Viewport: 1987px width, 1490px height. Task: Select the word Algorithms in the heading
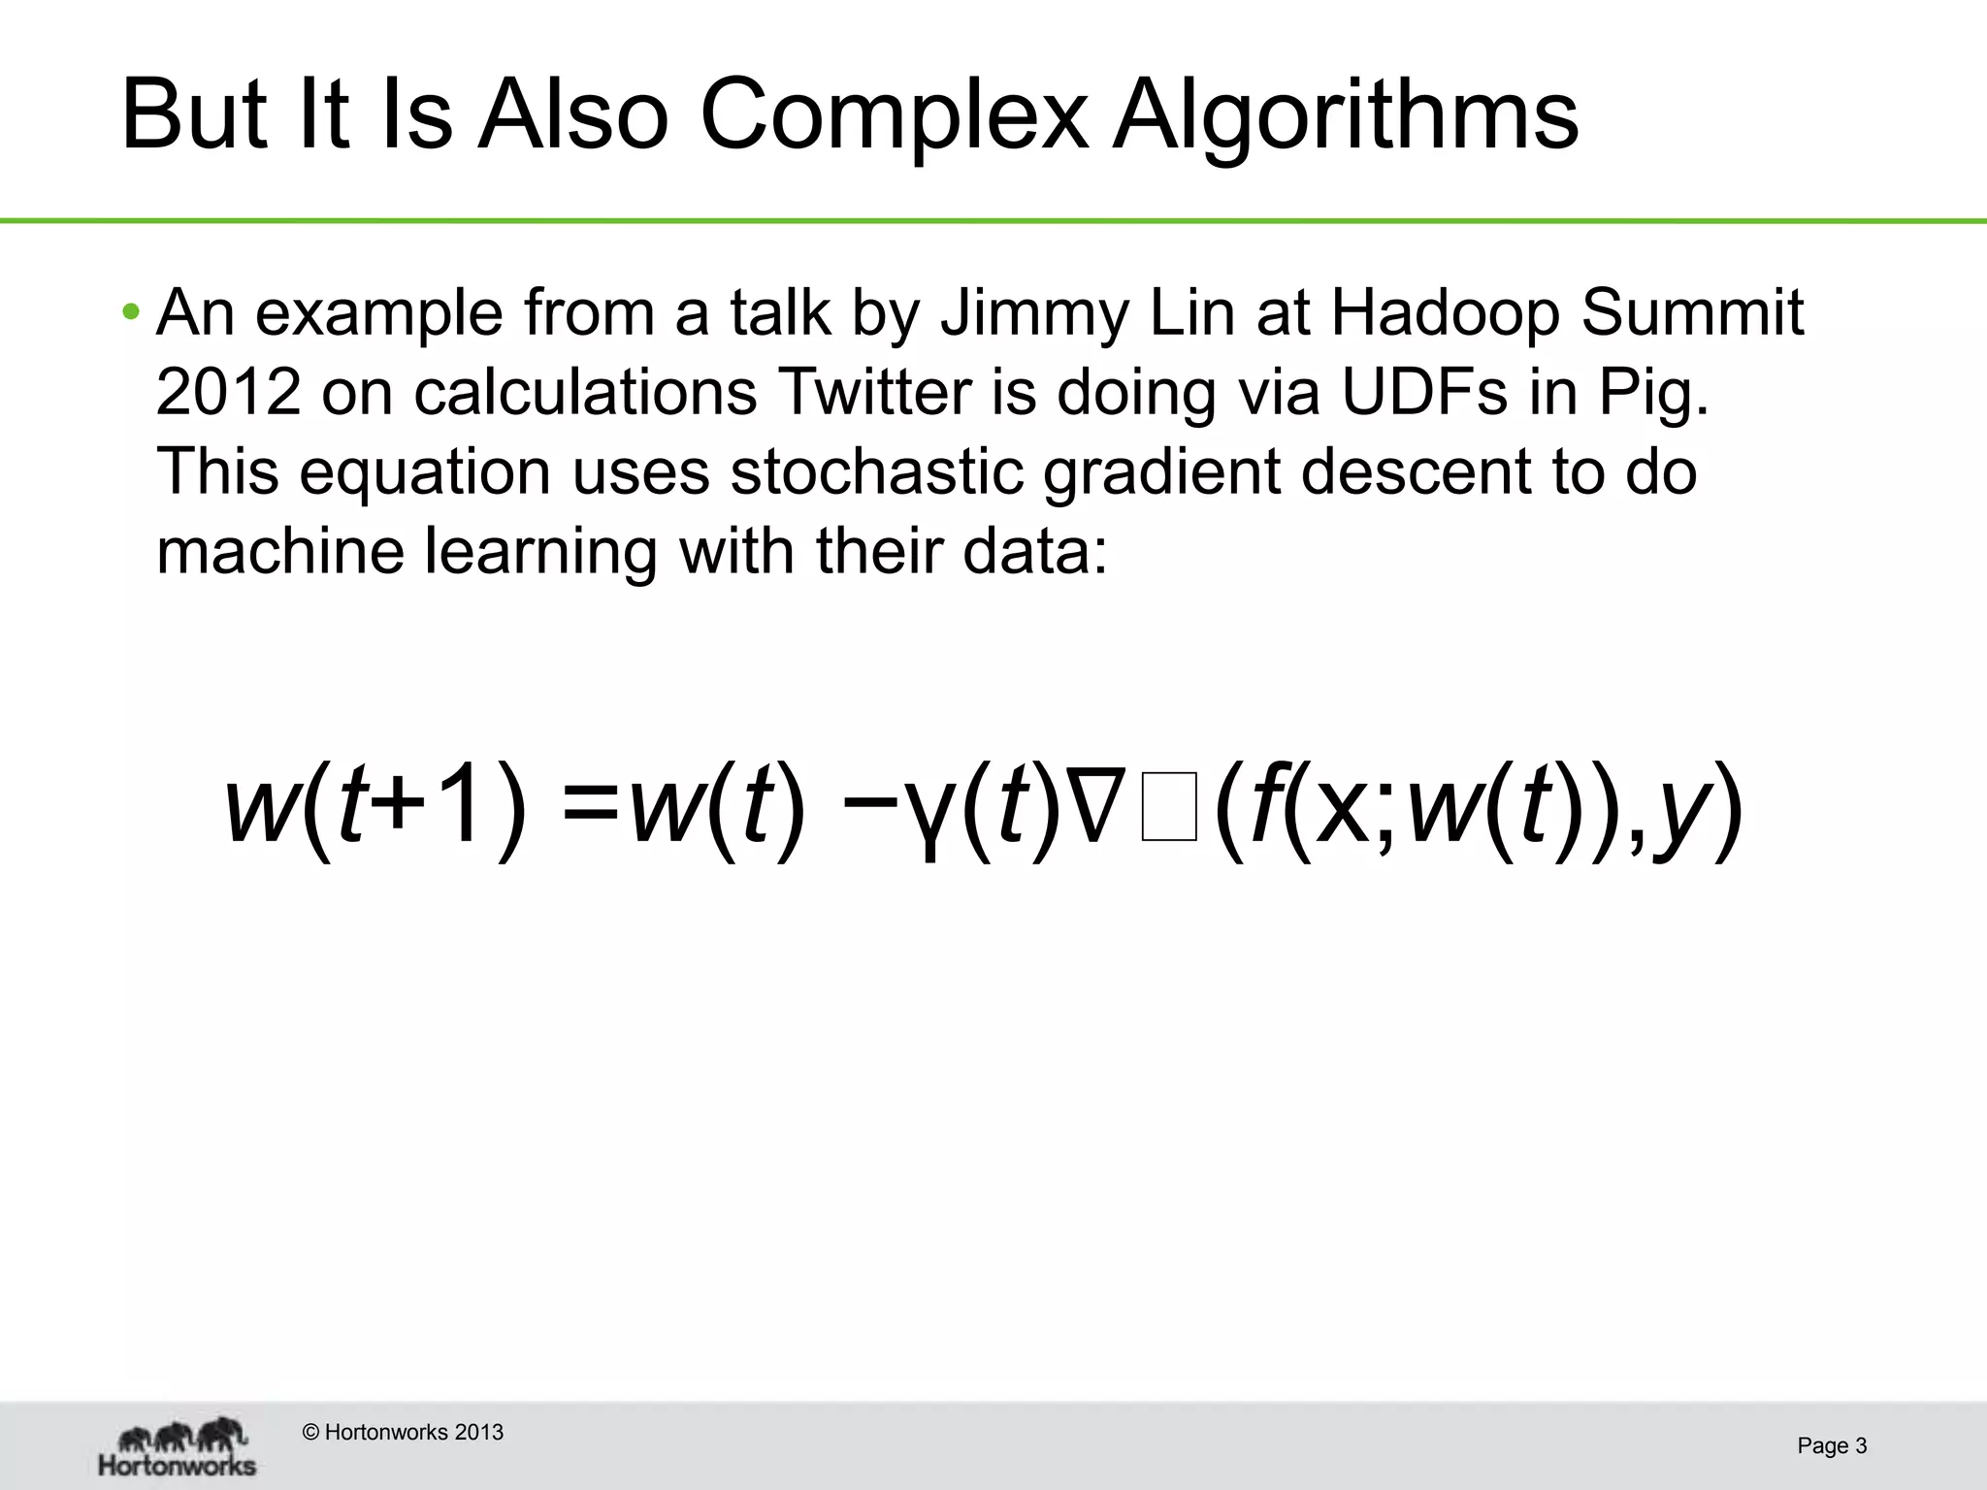[x=1345, y=116]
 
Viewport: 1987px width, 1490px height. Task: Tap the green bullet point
[x=131, y=312]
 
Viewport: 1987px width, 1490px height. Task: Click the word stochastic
[x=877, y=471]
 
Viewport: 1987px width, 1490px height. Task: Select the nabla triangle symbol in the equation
[x=1095, y=807]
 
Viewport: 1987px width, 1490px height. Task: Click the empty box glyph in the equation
[x=1169, y=807]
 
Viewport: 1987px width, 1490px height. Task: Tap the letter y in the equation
[x=1682, y=815]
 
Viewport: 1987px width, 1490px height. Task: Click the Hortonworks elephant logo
[x=179, y=1445]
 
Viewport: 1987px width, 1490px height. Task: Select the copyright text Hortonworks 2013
[x=404, y=1432]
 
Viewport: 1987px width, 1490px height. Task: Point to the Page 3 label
[x=1832, y=1445]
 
